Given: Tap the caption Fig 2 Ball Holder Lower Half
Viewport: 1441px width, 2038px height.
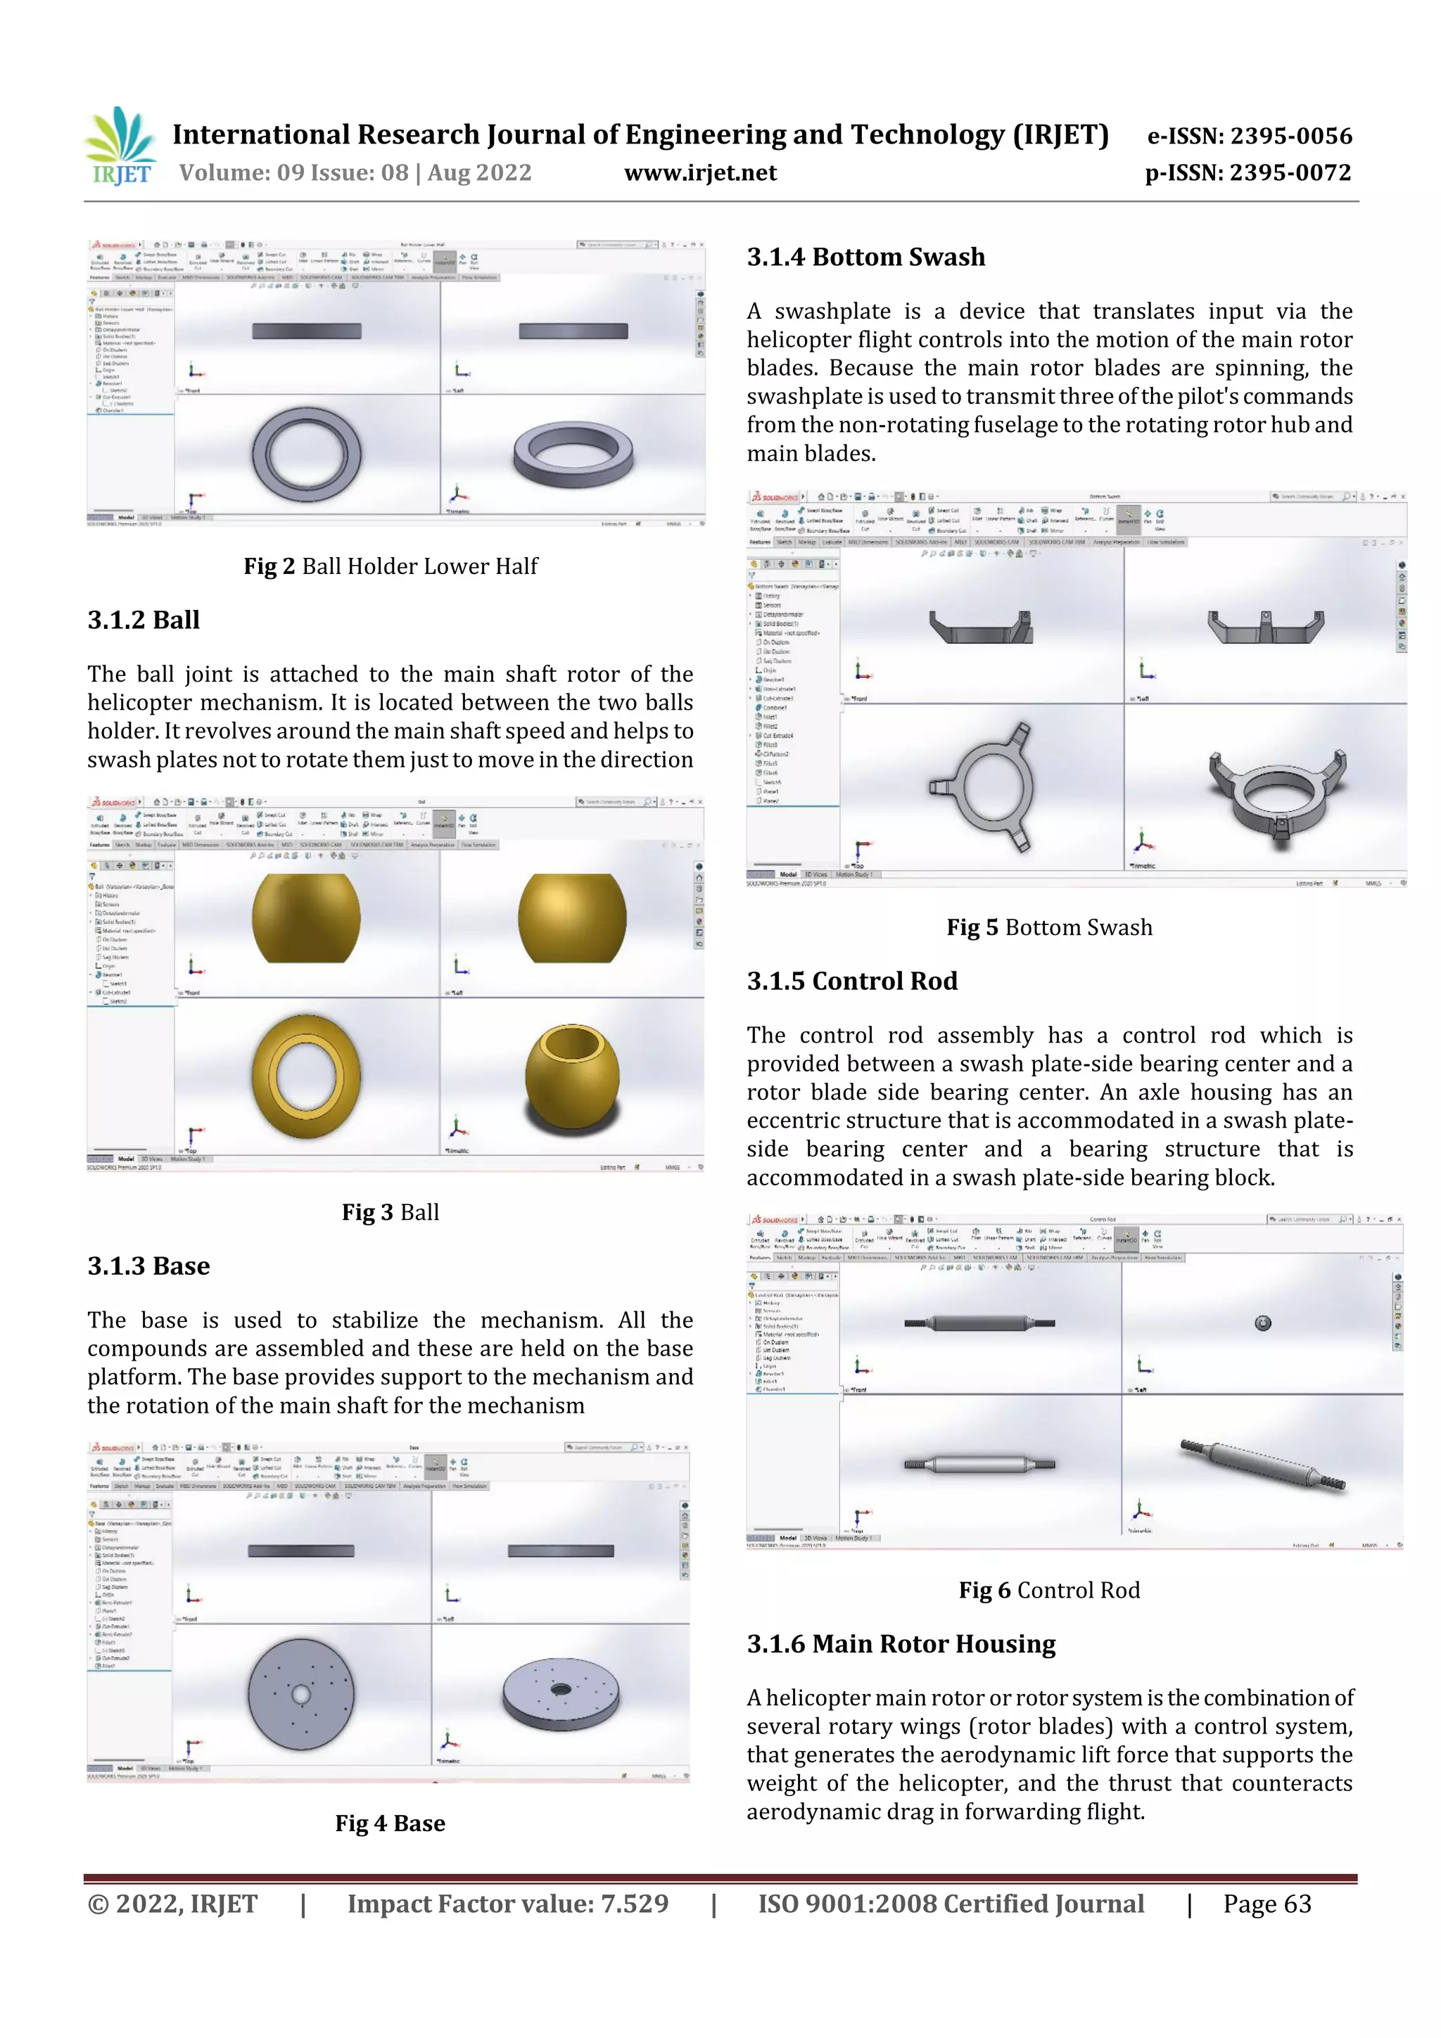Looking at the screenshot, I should [x=391, y=566].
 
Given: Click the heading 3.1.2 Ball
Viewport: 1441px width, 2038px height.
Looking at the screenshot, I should [x=144, y=620].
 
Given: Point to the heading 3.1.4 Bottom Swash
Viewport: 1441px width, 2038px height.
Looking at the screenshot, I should [x=865, y=257].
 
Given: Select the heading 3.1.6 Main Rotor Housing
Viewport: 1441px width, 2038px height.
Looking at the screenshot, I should [x=901, y=1644].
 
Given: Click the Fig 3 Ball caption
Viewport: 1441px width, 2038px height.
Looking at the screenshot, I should [x=391, y=1213].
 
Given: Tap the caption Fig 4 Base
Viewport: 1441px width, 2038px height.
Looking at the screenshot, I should [x=391, y=1823].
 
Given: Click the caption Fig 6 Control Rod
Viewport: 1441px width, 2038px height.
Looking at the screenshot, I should [x=1050, y=1590].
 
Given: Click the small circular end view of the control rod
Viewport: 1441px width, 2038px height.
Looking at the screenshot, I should [x=1262, y=1323].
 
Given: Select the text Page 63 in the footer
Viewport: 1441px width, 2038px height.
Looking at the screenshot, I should [x=1267, y=1904].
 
